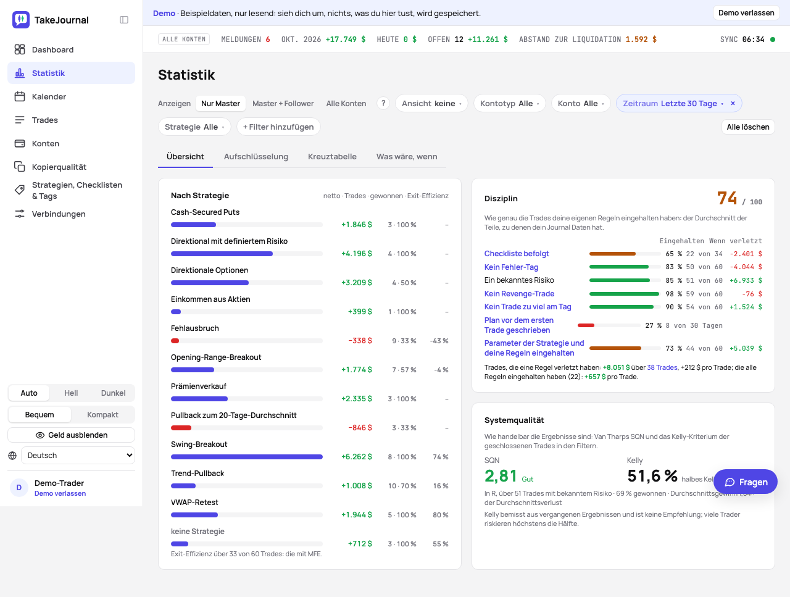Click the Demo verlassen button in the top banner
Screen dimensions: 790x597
click(x=746, y=13)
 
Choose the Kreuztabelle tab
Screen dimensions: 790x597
click(x=332, y=157)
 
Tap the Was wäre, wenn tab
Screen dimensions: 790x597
click(x=407, y=157)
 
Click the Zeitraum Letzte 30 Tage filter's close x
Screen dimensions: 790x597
click(x=733, y=104)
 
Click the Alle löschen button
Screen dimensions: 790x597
click(x=748, y=127)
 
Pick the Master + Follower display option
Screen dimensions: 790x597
click(x=283, y=104)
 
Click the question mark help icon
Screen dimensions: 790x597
click(x=383, y=104)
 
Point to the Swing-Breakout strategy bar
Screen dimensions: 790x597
click(x=246, y=457)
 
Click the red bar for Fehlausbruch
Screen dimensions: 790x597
click(x=175, y=341)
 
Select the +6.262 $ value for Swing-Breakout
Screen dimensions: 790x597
click(x=356, y=457)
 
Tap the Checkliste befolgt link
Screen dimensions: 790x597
click(x=517, y=254)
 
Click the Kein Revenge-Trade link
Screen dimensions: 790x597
click(x=519, y=294)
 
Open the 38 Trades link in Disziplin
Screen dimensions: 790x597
click(x=662, y=367)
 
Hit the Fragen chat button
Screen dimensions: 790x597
click(x=746, y=482)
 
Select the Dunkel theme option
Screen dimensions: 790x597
click(x=113, y=393)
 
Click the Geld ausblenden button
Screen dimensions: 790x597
click(x=71, y=435)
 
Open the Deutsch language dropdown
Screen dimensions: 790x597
click(x=78, y=456)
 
